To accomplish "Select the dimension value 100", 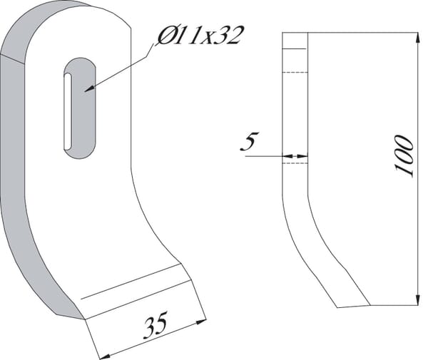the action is click(404, 155).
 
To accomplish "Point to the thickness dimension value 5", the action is click(250, 141).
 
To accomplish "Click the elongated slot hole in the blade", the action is click(80, 108).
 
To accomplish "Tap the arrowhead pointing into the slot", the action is click(88, 88).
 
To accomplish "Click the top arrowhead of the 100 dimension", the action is click(417, 38).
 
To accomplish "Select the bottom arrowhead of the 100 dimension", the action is click(417, 300).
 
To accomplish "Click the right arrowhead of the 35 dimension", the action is click(201, 322).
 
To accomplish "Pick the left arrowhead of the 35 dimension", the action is click(104, 356).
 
